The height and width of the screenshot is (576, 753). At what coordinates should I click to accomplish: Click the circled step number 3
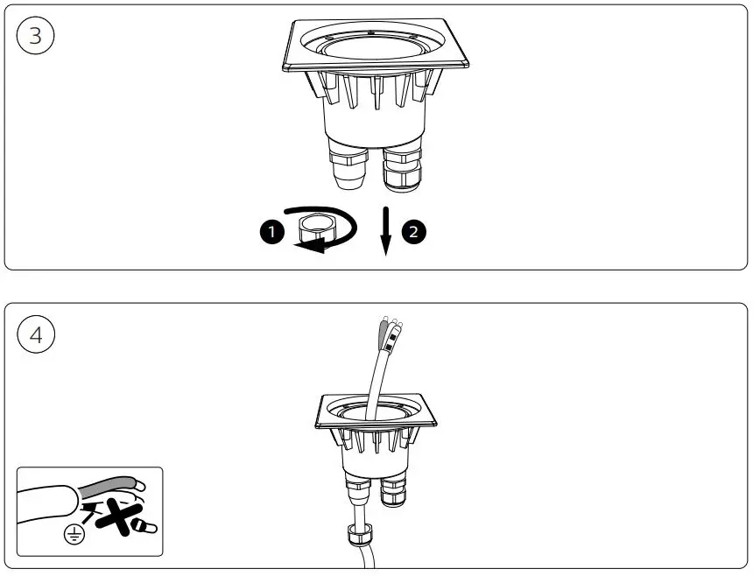35,36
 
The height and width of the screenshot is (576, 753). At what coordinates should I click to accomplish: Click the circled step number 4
35,334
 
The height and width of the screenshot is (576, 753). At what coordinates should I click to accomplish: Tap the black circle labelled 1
272,231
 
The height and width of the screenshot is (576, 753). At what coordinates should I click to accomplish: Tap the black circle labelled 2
413,231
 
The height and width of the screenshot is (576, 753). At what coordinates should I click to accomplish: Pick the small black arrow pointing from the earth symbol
88,507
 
